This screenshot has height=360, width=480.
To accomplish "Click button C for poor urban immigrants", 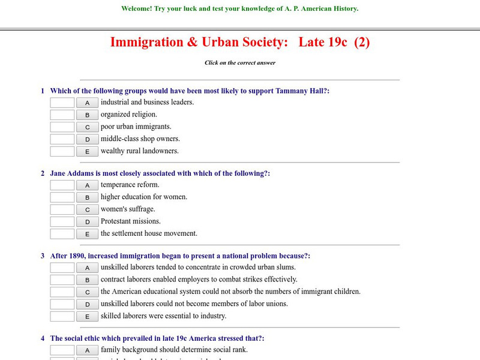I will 87,127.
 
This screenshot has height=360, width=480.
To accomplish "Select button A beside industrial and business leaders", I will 87,103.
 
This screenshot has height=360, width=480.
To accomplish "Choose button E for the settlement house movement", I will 87,234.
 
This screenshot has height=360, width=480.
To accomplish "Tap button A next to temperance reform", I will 87,185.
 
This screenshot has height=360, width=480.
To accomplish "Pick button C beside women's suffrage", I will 87,209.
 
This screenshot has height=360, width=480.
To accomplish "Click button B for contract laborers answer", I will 87,280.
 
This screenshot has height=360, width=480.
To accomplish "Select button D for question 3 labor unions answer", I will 87,304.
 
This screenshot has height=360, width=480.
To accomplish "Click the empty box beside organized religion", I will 62,115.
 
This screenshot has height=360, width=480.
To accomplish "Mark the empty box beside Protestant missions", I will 62,221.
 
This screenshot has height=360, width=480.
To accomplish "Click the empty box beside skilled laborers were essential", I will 62,316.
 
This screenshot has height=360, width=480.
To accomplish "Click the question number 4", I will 43,338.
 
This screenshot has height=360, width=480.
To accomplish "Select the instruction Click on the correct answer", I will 240,62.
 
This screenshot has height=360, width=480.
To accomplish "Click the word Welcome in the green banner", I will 137,9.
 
